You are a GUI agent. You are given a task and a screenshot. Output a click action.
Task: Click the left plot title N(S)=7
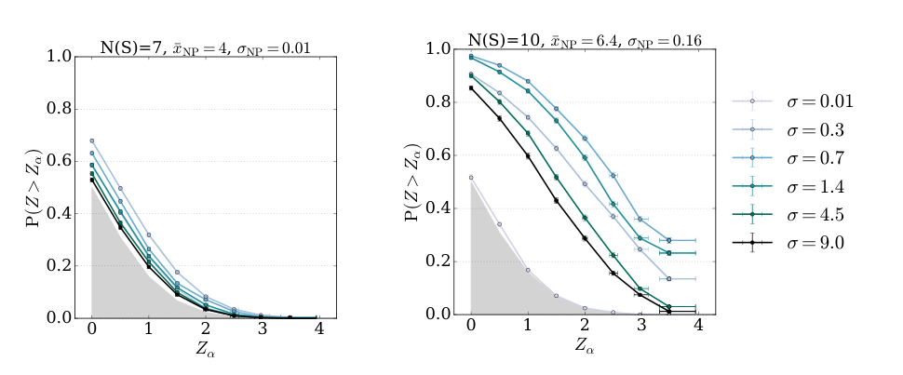(x=204, y=47)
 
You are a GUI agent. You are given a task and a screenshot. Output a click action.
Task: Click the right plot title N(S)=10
(x=584, y=40)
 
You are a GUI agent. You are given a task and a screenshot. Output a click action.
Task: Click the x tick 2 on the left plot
(x=204, y=329)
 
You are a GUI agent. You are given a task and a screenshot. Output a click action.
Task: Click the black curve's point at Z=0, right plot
(x=471, y=87)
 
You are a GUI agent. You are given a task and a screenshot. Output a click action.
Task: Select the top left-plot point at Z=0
(x=91, y=141)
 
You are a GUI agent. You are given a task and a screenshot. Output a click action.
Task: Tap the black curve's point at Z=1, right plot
(x=528, y=155)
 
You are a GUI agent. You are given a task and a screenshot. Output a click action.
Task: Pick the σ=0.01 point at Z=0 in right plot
(x=471, y=177)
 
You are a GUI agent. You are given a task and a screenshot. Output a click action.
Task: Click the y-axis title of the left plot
(x=34, y=186)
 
